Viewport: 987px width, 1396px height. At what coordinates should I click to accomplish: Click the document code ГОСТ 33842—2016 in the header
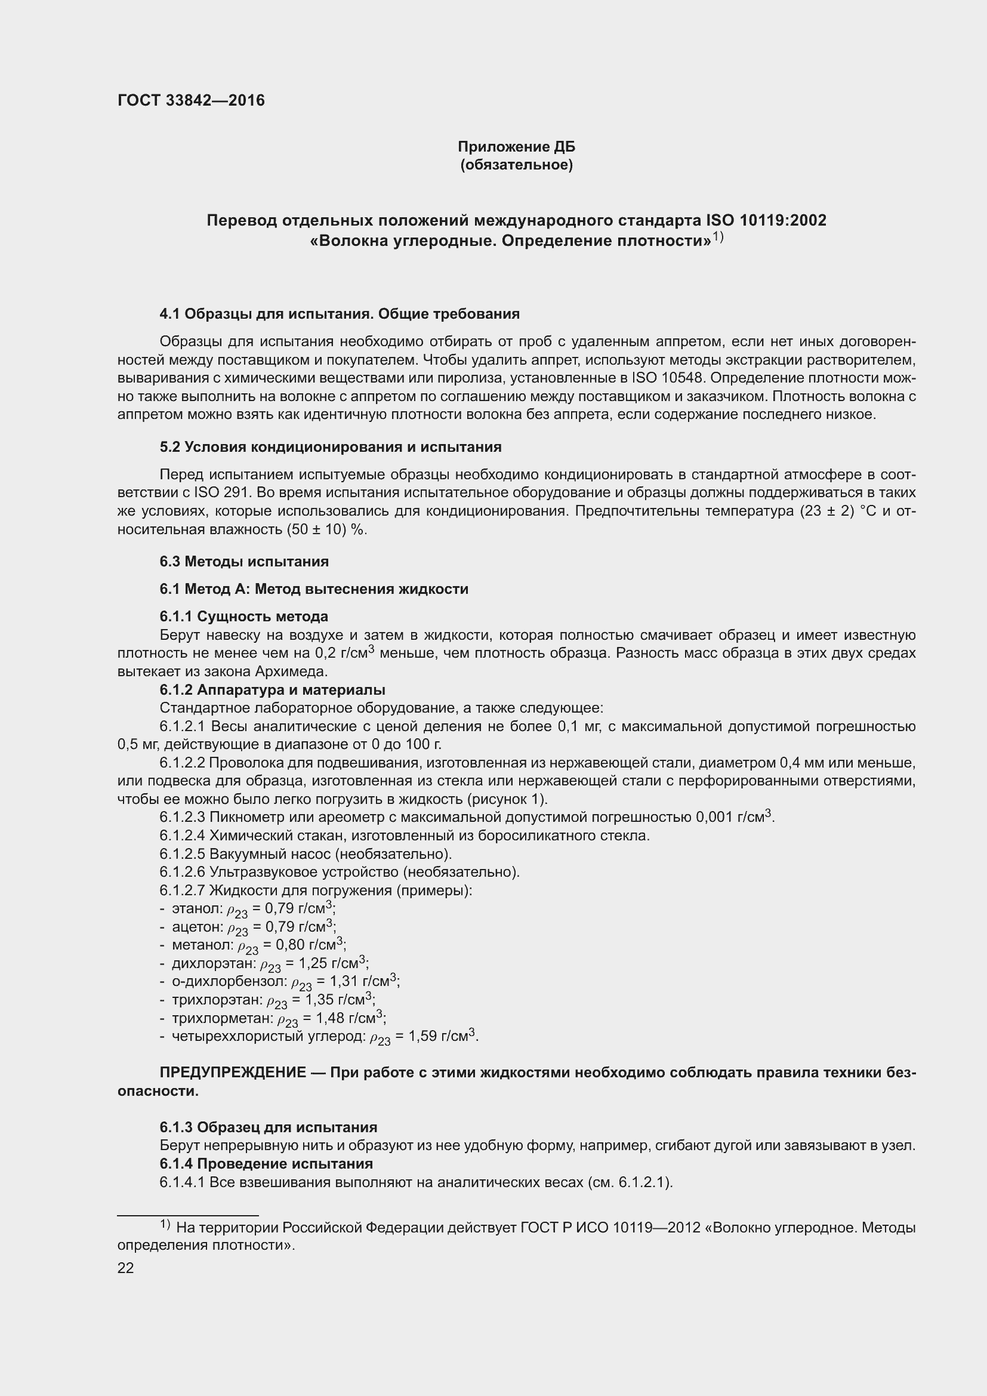[191, 100]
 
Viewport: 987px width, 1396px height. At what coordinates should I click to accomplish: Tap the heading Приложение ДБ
[516, 147]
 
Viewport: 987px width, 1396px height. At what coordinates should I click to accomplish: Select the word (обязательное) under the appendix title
[516, 165]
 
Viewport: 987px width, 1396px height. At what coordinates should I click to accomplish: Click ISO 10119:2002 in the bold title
[766, 220]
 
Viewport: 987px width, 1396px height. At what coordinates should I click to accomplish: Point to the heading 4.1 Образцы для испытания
[339, 314]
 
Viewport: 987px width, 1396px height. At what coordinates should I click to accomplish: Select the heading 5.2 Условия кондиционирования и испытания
[331, 447]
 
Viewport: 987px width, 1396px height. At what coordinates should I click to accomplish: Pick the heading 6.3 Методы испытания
[243, 561]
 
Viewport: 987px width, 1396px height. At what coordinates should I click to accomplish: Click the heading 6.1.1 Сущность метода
[243, 617]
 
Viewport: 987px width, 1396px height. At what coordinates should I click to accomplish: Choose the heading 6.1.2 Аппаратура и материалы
[272, 689]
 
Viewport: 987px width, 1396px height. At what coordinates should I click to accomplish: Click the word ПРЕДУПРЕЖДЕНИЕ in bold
[233, 1073]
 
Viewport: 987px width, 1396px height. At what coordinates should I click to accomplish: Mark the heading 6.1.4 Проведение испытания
[266, 1164]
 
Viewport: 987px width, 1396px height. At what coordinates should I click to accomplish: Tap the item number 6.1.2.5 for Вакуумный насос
[183, 853]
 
